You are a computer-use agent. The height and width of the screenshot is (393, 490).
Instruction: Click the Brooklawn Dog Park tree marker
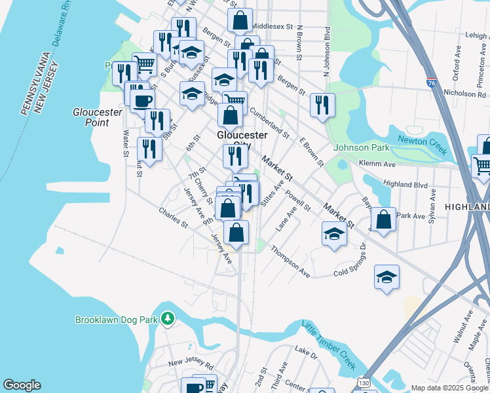point(168,319)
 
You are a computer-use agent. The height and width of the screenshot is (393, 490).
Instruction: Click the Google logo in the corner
point(22,385)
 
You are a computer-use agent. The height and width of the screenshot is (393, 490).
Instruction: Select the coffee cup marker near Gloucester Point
point(142,100)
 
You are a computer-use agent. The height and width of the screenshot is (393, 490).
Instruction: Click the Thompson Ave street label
point(290,259)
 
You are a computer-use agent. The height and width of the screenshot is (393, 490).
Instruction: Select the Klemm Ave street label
point(377,163)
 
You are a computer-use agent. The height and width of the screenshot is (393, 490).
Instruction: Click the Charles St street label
point(173,217)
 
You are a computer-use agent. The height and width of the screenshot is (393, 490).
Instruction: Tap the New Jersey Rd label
point(191,364)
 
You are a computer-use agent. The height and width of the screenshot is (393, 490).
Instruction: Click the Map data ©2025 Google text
point(449,388)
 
